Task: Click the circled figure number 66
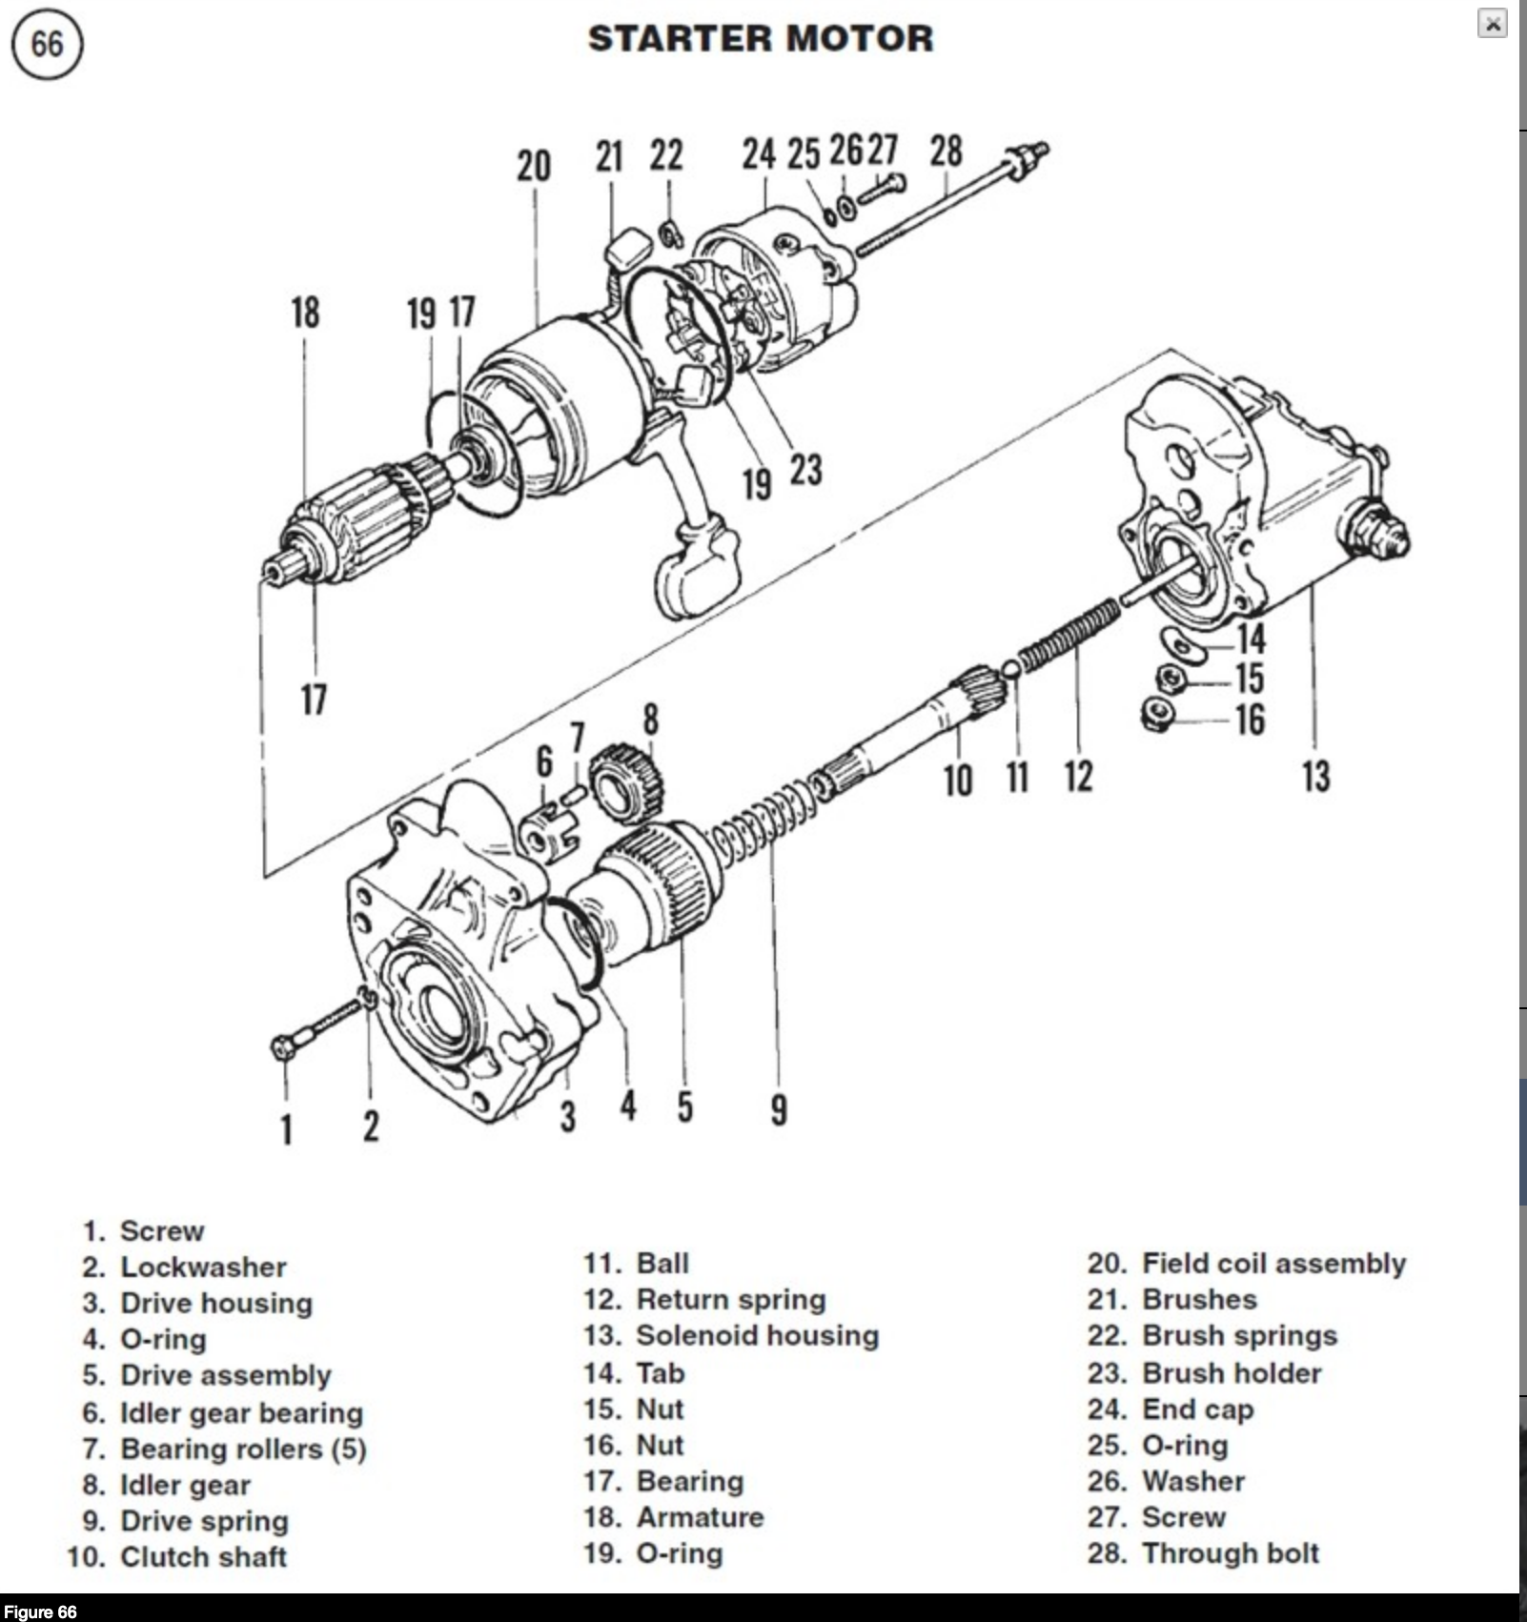pos(47,45)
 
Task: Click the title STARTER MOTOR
pos(761,39)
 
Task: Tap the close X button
pos(1492,24)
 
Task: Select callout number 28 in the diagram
pos(946,152)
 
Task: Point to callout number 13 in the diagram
pos(1315,776)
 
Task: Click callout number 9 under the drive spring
pos(779,1109)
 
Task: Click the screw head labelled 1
pos(282,1048)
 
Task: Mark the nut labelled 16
pos(1157,715)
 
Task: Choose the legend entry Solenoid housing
pos(757,1336)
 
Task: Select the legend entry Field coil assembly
pos(1273,1264)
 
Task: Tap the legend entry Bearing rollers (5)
pos(242,1449)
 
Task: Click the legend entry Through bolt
pos(1230,1553)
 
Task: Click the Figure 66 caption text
pos(40,1612)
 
